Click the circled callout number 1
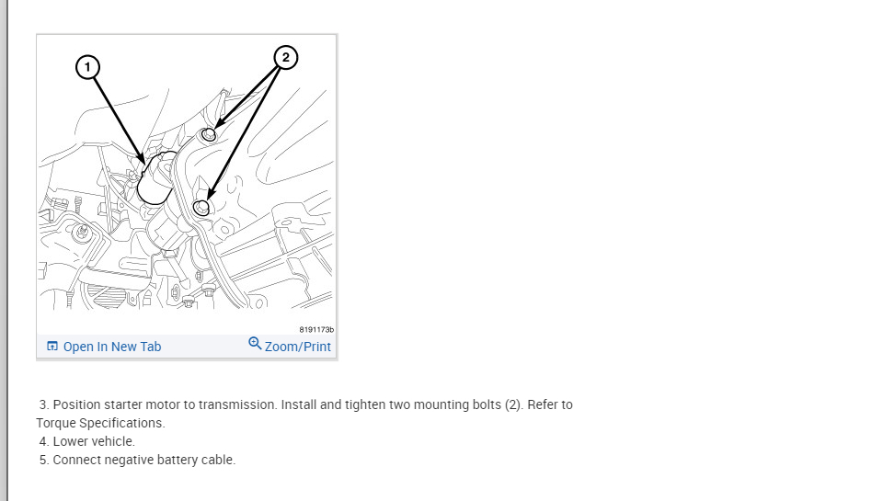[87, 67]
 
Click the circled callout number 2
[285, 57]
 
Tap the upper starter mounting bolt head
[208, 134]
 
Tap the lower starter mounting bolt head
[201, 208]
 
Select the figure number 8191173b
[316, 329]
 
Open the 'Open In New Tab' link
[112, 347]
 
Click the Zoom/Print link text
[298, 347]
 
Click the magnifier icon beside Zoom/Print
[255, 343]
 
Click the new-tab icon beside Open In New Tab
[52, 346]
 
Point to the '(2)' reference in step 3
[514, 404]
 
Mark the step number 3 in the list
[44, 404]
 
